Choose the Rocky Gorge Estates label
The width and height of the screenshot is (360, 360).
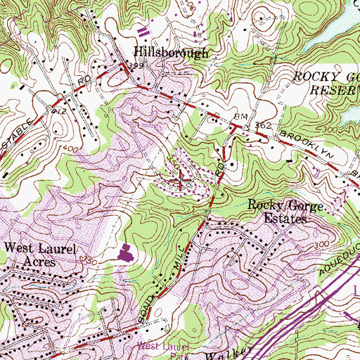click(x=278, y=212)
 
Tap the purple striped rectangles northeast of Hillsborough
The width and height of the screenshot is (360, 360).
click(x=146, y=30)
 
